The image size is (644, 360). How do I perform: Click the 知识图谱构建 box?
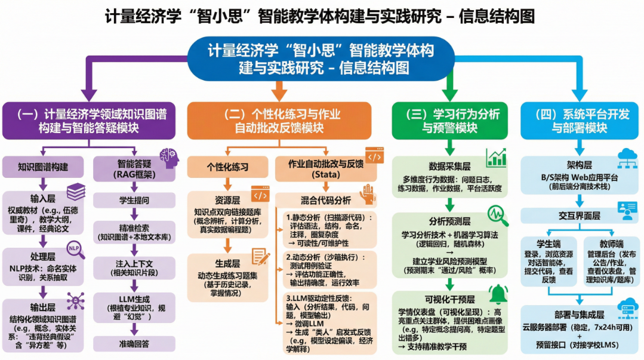point(43,167)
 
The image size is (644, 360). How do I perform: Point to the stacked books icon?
point(76,192)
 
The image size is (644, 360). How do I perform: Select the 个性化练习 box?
point(227,167)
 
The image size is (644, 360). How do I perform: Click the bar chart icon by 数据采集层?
point(496,158)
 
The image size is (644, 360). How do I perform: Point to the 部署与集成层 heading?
point(575,315)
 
